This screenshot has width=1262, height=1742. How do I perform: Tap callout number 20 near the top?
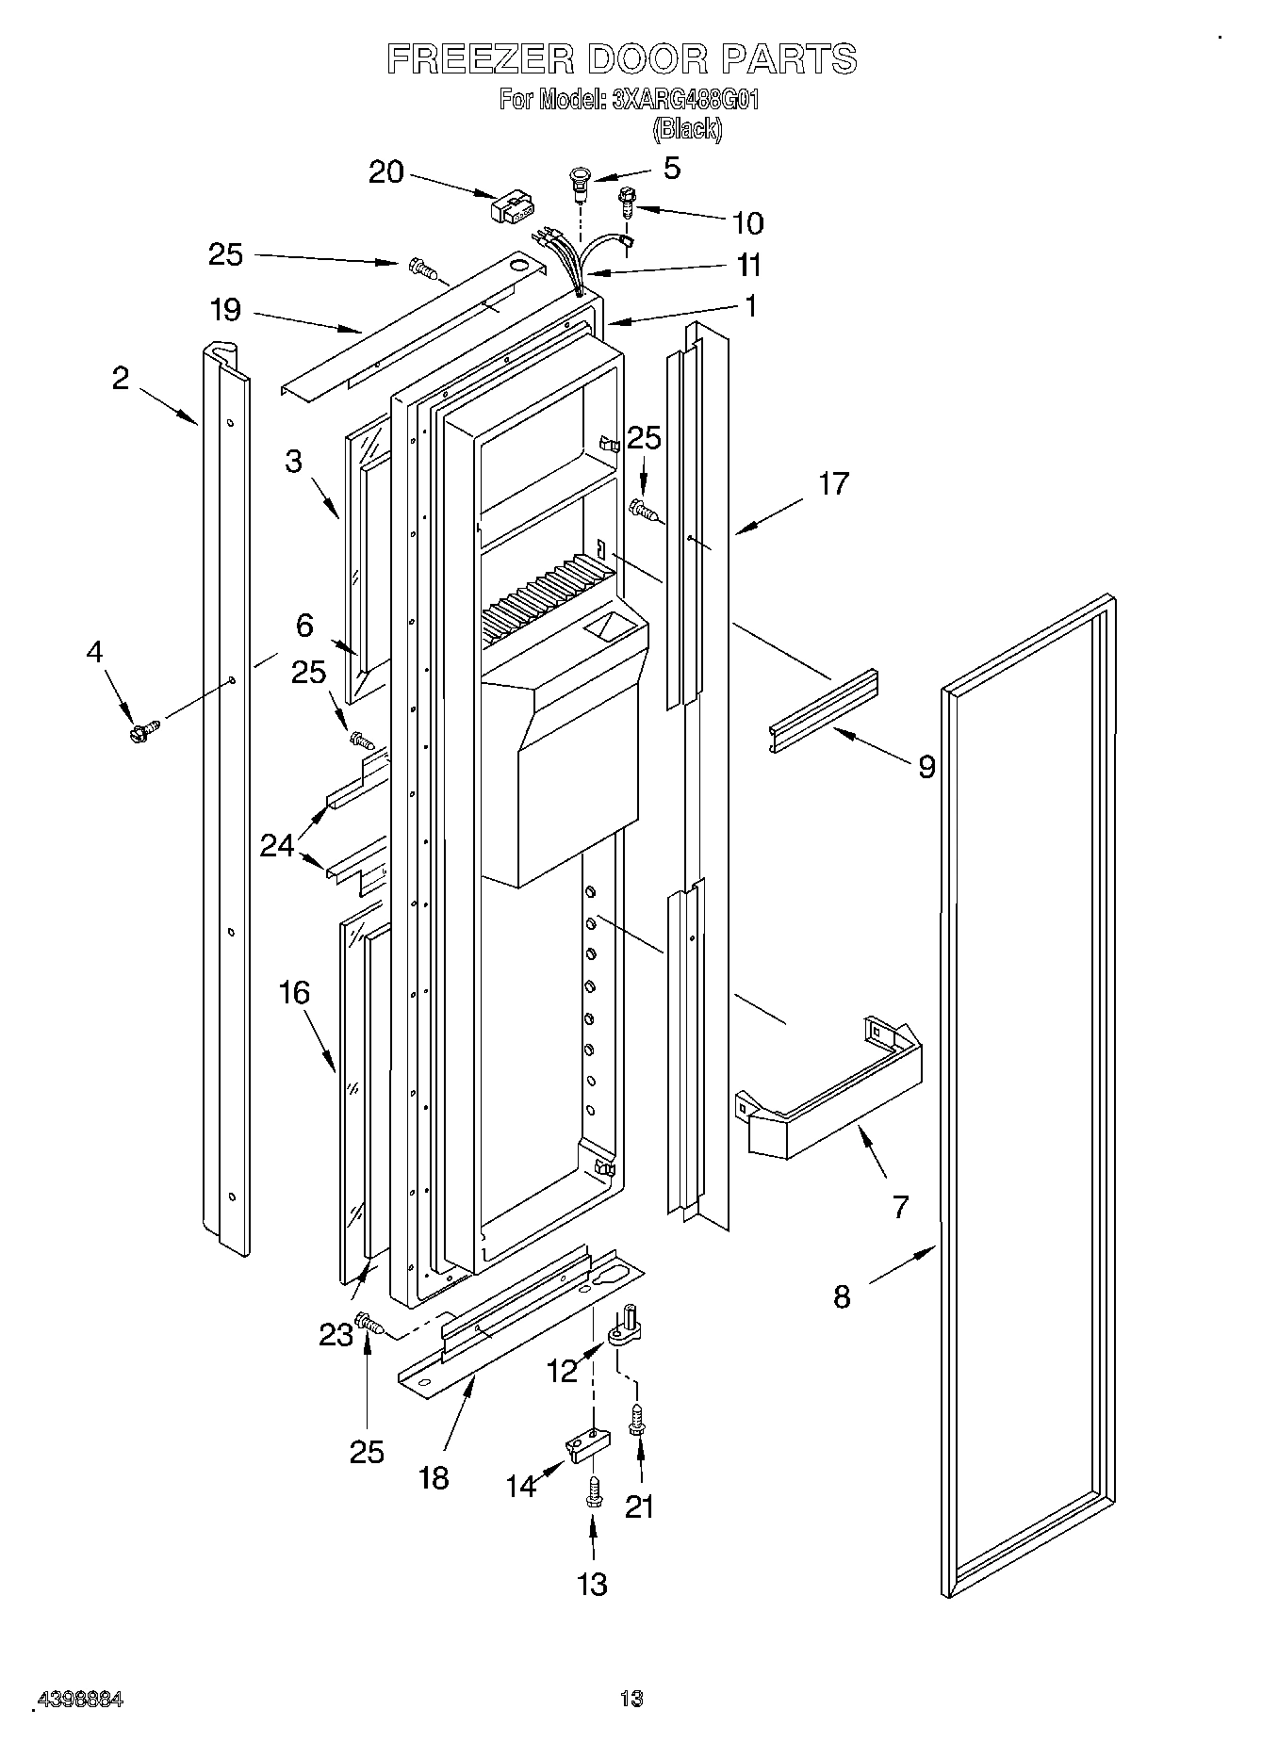[x=385, y=172]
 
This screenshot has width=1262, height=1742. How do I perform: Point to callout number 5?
[x=671, y=168]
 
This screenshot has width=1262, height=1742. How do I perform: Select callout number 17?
[x=833, y=484]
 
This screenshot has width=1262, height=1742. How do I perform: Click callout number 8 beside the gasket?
[x=842, y=1296]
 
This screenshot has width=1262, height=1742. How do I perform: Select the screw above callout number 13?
[x=593, y=1491]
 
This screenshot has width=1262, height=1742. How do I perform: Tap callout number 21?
[x=639, y=1507]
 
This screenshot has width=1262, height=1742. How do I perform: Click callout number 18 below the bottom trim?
[x=434, y=1477]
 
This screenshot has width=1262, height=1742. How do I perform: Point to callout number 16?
[x=294, y=992]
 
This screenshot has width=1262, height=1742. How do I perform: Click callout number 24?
[x=277, y=845]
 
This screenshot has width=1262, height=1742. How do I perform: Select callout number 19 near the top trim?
[x=225, y=310]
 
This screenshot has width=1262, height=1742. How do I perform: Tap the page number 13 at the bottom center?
[x=631, y=1699]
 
